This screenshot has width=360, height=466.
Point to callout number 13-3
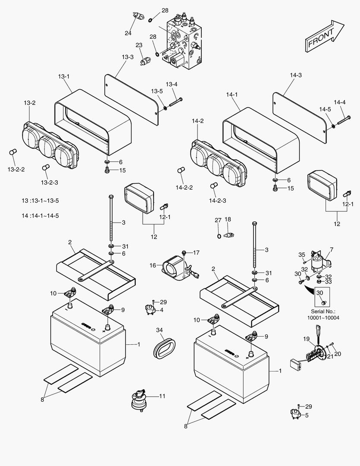click(x=127, y=57)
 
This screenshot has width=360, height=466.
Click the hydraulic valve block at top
click(x=183, y=41)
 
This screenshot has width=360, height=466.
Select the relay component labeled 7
click(x=321, y=262)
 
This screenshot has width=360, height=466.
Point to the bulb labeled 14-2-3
click(x=213, y=186)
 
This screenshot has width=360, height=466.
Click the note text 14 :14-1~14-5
click(x=40, y=215)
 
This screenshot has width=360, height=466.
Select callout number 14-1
click(x=232, y=94)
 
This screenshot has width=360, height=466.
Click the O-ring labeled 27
click(x=219, y=236)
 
